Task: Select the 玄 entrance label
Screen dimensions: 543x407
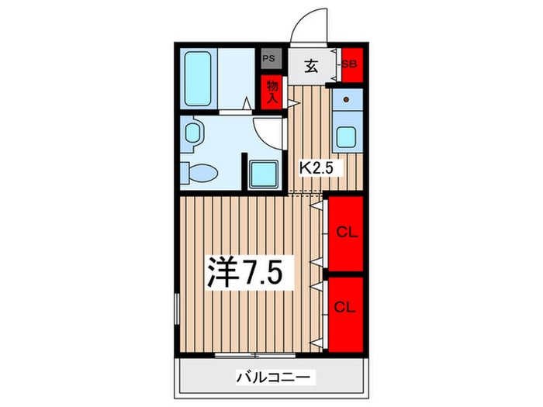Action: [x=311, y=66]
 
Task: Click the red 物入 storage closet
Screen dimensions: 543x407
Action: [x=271, y=92]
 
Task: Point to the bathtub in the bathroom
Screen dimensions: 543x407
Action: [x=198, y=78]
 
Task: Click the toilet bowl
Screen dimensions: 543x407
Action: [x=203, y=173]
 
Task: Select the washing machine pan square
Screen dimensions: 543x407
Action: [x=264, y=174]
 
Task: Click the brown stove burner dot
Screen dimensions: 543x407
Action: [x=346, y=100]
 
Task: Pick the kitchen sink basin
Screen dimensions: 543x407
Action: [x=346, y=136]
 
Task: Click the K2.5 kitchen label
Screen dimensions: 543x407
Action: [x=316, y=168]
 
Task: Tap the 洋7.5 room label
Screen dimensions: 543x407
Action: [x=245, y=272]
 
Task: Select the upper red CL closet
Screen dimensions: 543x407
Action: [x=346, y=233]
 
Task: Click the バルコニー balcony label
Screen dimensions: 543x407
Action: [x=274, y=377]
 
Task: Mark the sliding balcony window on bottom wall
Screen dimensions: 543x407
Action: [x=255, y=355]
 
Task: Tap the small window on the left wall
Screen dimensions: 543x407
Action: [x=177, y=309]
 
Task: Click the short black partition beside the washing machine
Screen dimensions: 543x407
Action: [x=244, y=171]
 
